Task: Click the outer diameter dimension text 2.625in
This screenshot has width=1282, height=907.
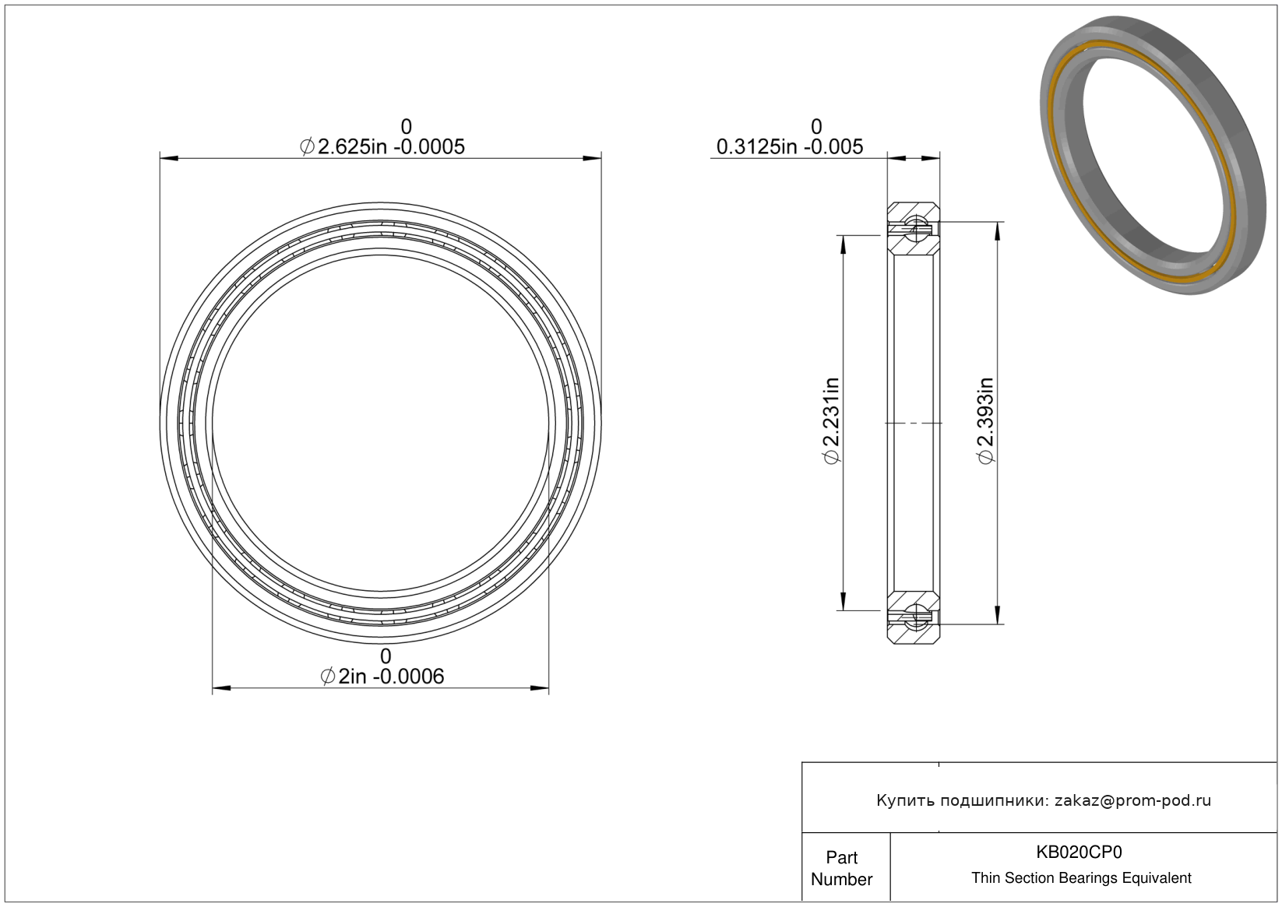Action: [x=352, y=147]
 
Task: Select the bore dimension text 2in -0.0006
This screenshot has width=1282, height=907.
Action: [x=391, y=677]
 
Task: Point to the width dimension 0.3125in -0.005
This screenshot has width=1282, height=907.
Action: [x=790, y=147]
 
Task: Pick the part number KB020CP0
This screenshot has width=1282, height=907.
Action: [x=1079, y=852]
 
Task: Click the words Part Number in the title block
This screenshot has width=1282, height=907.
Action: [x=842, y=868]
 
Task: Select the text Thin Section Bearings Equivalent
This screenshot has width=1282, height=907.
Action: [x=1081, y=878]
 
